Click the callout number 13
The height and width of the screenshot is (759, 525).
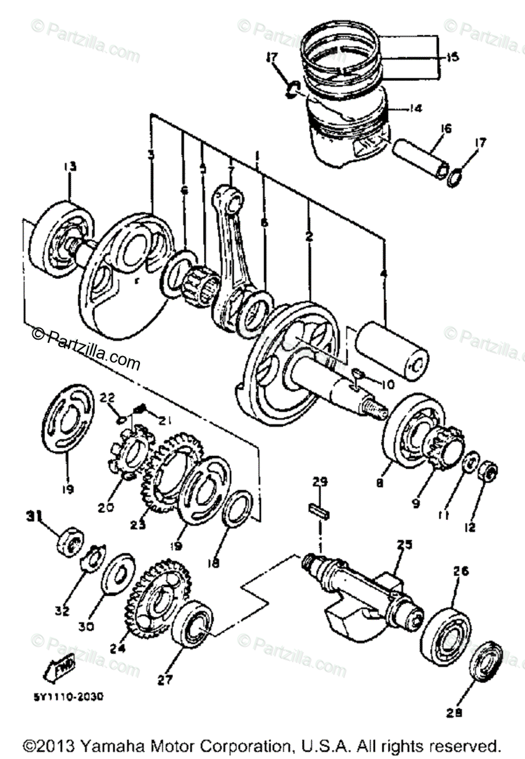[69, 166]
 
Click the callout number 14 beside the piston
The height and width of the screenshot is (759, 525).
[414, 108]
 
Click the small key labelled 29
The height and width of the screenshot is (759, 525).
[319, 509]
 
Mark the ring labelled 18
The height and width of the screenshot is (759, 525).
[237, 507]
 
